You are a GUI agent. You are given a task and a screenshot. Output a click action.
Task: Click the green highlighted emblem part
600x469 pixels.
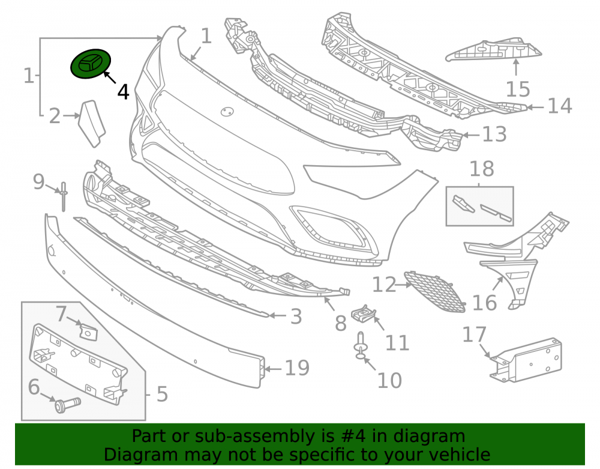pyautogui.click(x=91, y=64)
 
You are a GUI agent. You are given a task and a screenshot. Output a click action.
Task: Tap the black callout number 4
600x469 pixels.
pyautogui.click(x=123, y=92)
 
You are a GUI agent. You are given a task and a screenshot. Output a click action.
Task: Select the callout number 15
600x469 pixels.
pyautogui.click(x=518, y=89)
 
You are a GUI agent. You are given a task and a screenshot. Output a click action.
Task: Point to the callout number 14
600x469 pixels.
pyautogui.click(x=560, y=106)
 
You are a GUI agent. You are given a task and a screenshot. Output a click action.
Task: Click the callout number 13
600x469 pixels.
pyautogui.click(x=494, y=135)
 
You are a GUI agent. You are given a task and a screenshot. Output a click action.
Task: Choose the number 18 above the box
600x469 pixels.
pyautogui.click(x=482, y=169)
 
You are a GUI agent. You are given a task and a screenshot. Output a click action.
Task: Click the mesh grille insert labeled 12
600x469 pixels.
pyautogui.click(x=436, y=291)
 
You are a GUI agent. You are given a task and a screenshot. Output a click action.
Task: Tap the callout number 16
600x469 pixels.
pyautogui.click(x=484, y=303)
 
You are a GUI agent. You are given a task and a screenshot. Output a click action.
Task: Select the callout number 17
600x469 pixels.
pyautogui.click(x=474, y=334)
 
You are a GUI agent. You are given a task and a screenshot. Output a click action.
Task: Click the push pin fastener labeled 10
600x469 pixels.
pyautogui.click(x=360, y=346)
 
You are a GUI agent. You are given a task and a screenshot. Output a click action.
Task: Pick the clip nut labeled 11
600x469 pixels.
pyautogui.click(x=364, y=313)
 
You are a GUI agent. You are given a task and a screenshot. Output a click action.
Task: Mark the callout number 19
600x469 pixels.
pyautogui.click(x=298, y=368)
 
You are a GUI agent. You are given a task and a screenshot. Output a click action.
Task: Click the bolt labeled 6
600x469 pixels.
pyautogui.click(x=67, y=405)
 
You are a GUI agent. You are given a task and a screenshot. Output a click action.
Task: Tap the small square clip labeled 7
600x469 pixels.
pyautogui.click(x=88, y=331)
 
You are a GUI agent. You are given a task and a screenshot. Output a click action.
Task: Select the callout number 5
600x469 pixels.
pyautogui.click(x=162, y=394)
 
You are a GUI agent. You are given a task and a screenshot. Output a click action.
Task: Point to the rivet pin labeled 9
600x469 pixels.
pyautogui.click(x=63, y=196)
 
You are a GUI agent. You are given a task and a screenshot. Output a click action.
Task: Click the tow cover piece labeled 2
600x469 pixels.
pyautogui.click(x=92, y=123)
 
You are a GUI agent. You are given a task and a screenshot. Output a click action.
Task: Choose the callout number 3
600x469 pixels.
pyautogui.click(x=296, y=317)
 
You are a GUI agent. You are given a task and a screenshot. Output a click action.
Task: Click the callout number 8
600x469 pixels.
pyautogui.click(x=341, y=323)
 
